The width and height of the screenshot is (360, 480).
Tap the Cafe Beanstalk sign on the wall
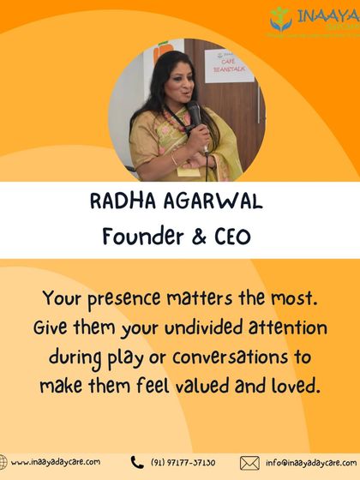pos(225,71)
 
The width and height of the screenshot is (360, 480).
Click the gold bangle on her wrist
pos(177,159)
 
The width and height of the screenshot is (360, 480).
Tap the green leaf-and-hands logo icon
pos(280,18)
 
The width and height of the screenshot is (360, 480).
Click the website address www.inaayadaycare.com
pos(56,462)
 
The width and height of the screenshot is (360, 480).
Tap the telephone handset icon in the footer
pos(136,462)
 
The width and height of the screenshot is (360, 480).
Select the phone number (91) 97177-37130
pos(184,462)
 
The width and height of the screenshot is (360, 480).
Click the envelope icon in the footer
pos(249,463)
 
